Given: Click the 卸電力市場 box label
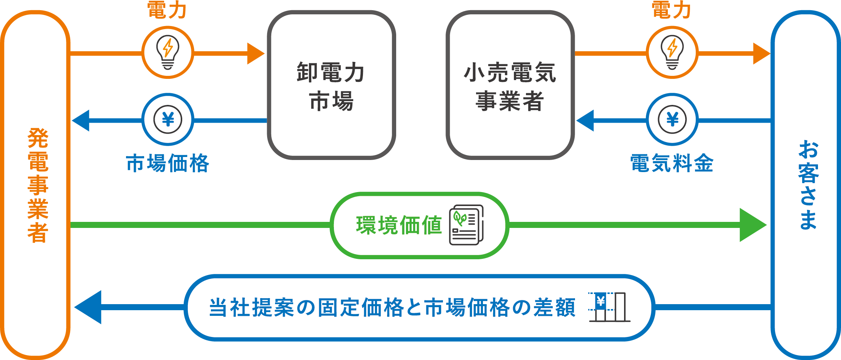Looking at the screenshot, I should click(x=331, y=87).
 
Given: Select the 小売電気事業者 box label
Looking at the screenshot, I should click(x=510, y=87).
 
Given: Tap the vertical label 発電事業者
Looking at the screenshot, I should click(x=38, y=185).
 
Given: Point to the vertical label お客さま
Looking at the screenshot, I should click(x=808, y=185).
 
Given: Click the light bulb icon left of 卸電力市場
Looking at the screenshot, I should click(x=168, y=52).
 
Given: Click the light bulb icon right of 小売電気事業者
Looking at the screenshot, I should click(x=672, y=52).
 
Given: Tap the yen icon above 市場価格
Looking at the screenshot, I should click(x=168, y=120).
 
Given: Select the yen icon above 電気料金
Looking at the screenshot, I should click(x=672, y=120).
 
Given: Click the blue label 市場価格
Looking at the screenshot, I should click(x=168, y=163).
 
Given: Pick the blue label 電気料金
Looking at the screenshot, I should click(x=672, y=163).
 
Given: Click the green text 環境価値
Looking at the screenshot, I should click(x=399, y=225).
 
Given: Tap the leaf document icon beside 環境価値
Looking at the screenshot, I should click(x=466, y=225).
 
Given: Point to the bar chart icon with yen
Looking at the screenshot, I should click(x=609, y=307).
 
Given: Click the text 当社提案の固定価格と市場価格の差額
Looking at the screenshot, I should click(x=392, y=308).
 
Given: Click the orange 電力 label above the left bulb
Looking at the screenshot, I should click(x=167, y=10).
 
